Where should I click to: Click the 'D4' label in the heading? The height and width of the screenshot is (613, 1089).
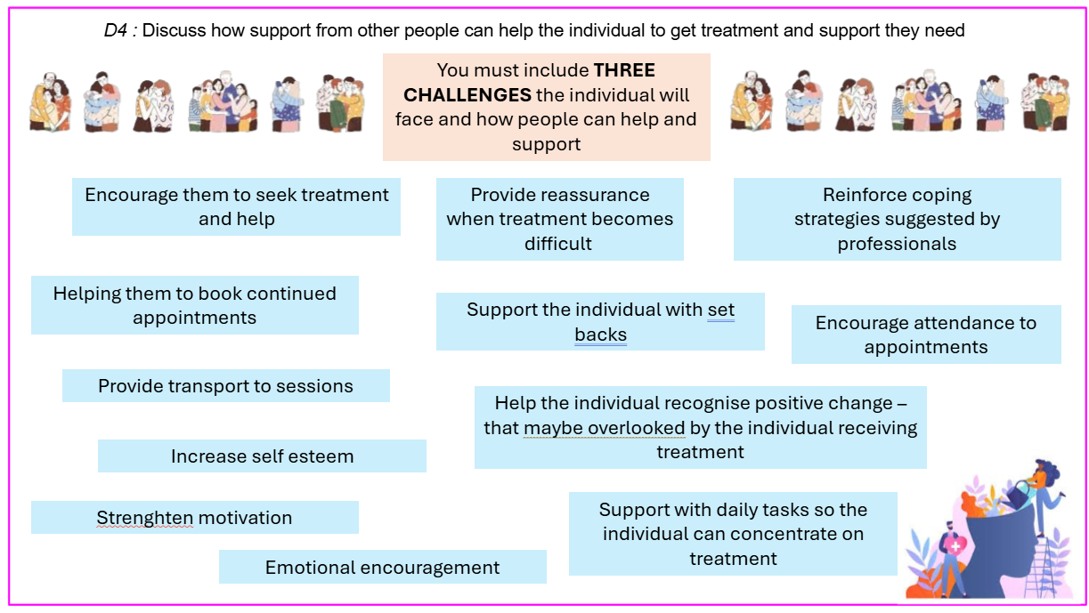[x=115, y=30]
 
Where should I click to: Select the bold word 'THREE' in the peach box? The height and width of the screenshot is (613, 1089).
[x=624, y=70]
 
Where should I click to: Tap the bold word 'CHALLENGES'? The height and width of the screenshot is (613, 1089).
[x=467, y=95]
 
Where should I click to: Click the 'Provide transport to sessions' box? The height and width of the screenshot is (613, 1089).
[x=226, y=385]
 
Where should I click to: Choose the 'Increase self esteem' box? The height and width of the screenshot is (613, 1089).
[x=262, y=456]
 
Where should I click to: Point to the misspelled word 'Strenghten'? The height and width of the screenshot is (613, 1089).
[x=145, y=518]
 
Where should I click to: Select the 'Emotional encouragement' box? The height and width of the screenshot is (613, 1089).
[x=383, y=567]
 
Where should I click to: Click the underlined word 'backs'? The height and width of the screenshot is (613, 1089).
[x=600, y=335]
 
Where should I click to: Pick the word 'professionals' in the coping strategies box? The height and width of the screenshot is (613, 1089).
[x=897, y=244]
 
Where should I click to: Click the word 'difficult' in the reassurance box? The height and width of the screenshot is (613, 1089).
[x=558, y=244]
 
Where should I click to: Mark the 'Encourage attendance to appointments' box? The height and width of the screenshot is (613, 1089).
[x=926, y=335]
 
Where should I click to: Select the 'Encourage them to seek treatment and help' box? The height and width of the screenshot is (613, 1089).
[x=236, y=207]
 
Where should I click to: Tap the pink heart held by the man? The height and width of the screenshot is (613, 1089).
[x=955, y=546]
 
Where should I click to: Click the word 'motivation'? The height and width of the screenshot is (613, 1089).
[x=245, y=518]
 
